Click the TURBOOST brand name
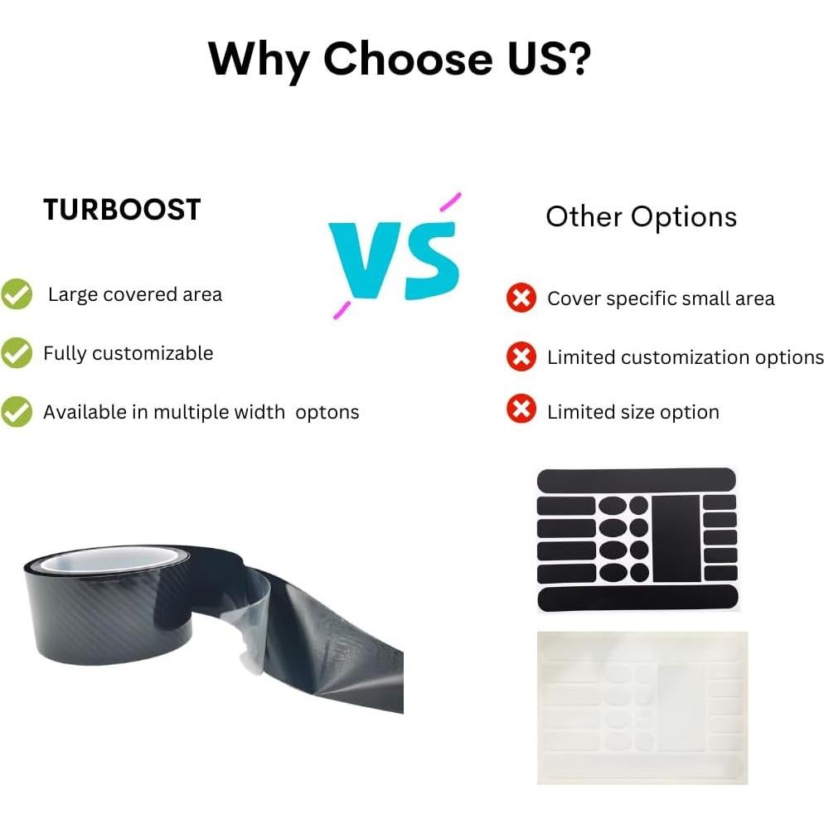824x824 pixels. pos(122,210)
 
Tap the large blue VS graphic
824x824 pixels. pos(394,259)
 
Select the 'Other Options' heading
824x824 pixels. pos(641,216)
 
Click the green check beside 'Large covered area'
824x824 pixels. pos(17,294)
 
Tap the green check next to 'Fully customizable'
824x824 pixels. pos(17,353)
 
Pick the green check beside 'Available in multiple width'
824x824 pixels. pos(17,412)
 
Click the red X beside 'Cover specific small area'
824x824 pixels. pos(521,298)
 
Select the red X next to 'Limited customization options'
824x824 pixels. pos(521,357)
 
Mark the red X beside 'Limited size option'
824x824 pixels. pos(521,411)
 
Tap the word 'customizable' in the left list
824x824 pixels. pos(153,354)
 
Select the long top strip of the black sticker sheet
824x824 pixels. pos(636,480)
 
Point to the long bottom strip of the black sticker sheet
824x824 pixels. pos(636,597)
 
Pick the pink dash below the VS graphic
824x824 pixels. pos(341,310)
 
